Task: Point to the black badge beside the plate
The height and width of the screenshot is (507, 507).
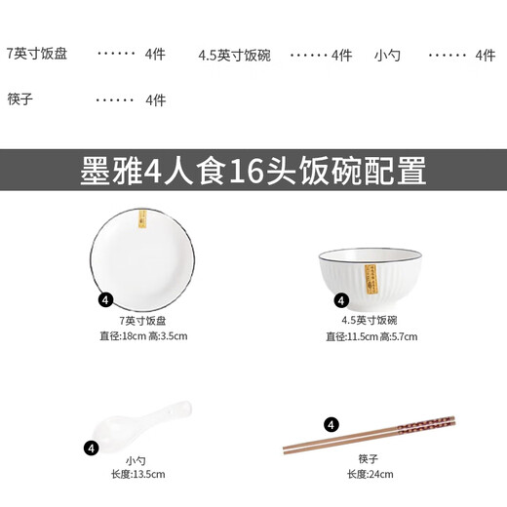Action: (105, 300)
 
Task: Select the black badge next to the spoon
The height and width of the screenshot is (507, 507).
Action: (92, 448)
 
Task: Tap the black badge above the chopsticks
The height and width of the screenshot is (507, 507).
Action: (331, 424)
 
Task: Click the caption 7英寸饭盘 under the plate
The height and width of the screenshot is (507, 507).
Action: (142, 320)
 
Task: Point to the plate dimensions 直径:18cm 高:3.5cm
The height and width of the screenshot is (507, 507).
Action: (142, 336)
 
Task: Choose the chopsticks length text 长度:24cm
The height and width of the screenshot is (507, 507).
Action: (370, 475)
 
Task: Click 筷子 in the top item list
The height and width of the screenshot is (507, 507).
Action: (20, 99)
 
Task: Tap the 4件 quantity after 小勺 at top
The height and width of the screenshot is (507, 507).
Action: (485, 56)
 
